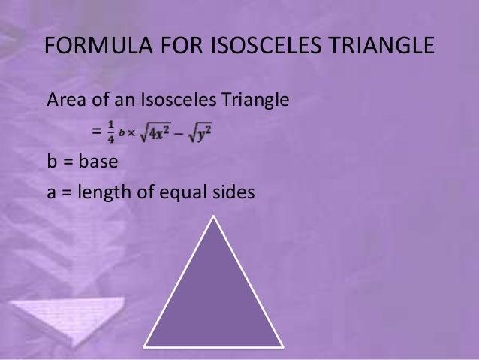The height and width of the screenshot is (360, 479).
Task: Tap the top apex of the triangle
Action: point(215,217)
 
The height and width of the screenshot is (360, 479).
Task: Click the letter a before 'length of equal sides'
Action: point(52,193)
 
